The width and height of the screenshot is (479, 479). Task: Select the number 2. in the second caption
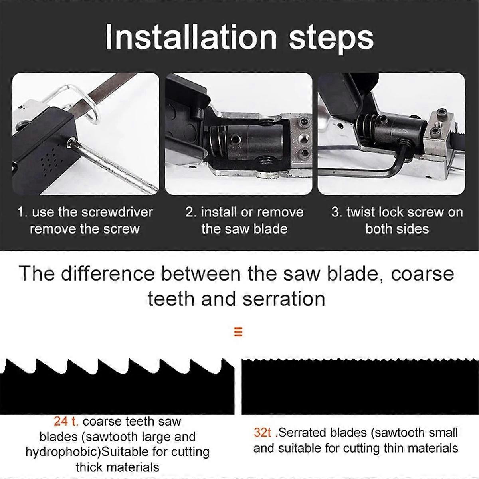pyautogui.click(x=191, y=212)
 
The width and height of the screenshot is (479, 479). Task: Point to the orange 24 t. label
pyautogui.click(x=66, y=421)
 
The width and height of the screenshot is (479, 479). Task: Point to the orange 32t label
pyautogui.click(x=262, y=433)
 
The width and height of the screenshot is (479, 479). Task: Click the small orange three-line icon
pyautogui.click(x=238, y=332)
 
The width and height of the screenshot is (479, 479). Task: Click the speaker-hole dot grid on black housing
pyautogui.click(x=50, y=159)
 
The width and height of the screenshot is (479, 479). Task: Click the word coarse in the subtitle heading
pyautogui.click(x=422, y=275)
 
